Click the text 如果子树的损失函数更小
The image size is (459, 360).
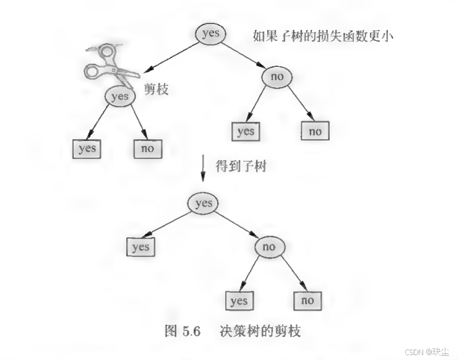point(324,35)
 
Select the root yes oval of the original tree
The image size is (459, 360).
point(211,33)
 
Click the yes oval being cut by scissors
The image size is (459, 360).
point(120,96)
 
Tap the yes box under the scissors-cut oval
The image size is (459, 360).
point(87,149)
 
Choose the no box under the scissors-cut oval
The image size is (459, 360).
point(148,149)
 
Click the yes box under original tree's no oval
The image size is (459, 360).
point(246,131)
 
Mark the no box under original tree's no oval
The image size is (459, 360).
point(315,131)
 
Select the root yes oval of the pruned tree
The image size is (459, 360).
point(203,204)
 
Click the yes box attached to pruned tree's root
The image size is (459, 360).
point(141,247)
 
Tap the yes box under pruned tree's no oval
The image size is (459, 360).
point(239,301)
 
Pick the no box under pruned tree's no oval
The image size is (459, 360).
point(307,301)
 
